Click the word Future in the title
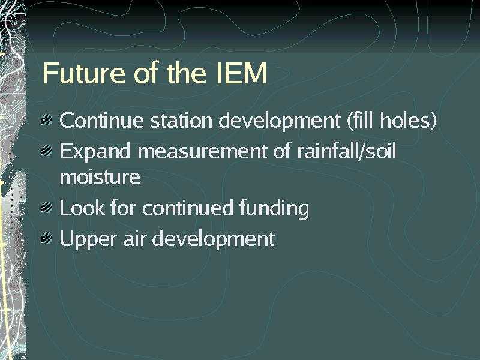point(83,73)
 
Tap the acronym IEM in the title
point(241,73)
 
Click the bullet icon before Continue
point(47,119)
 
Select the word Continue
point(101,120)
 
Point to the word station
point(181,120)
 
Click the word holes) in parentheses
point(408,120)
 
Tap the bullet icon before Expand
point(47,151)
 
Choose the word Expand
point(95,151)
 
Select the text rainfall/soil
point(347,151)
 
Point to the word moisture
point(100,177)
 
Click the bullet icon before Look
point(47,208)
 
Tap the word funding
point(274,208)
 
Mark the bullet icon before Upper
point(47,238)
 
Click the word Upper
point(88,239)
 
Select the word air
point(134,238)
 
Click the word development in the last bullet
point(214,239)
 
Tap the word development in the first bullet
point(280,121)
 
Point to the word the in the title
point(187,73)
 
